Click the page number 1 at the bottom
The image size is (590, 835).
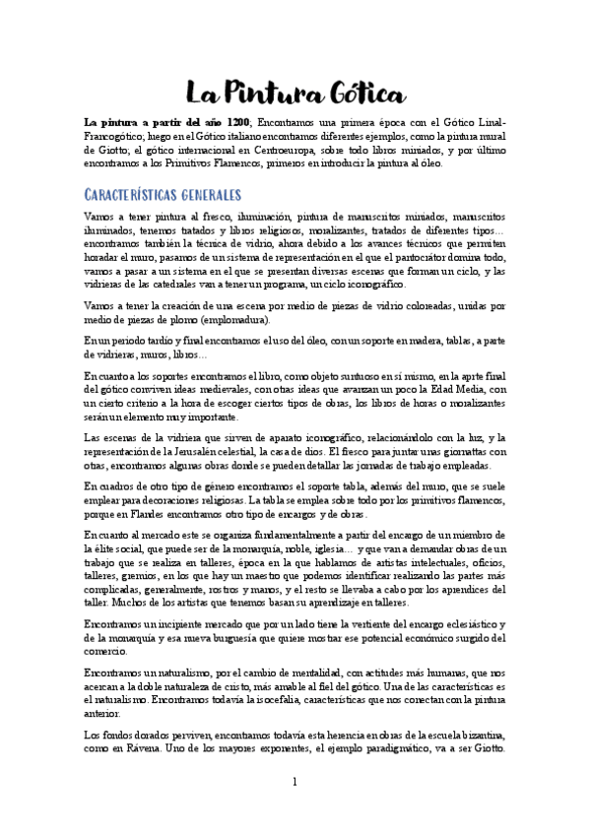coord(295,809)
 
